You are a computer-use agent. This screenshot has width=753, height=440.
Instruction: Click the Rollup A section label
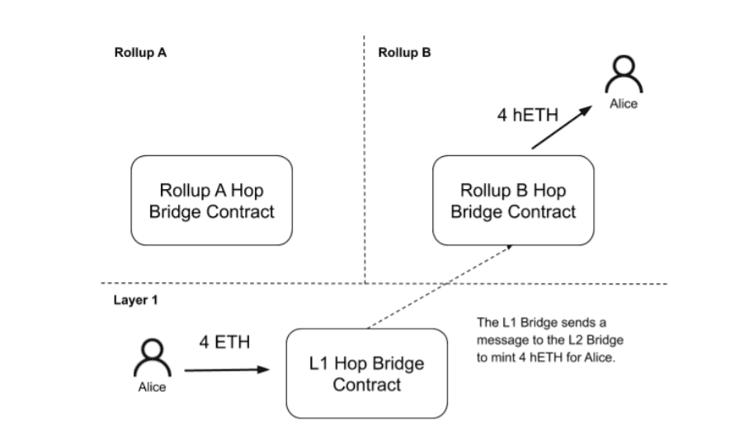(x=140, y=53)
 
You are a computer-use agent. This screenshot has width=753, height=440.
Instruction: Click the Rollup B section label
(x=404, y=53)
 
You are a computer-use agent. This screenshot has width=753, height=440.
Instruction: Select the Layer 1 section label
(x=135, y=300)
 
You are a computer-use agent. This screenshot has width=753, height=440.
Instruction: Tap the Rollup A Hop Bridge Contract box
(x=211, y=201)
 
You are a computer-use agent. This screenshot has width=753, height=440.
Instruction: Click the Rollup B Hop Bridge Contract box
(x=513, y=201)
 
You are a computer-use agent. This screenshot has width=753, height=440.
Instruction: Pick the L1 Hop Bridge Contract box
(x=366, y=373)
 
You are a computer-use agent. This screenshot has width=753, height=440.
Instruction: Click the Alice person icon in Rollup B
(x=624, y=76)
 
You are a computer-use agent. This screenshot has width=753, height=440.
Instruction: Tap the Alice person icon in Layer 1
(x=152, y=358)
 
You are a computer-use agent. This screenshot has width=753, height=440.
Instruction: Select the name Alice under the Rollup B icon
(x=624, y=104)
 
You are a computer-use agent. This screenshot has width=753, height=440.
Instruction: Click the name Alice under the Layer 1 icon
(x=152, y=388)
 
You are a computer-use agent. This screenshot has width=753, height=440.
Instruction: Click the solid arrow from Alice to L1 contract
(x=226, y=370)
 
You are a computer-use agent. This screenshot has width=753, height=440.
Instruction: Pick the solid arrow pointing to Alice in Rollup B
(x=562, y=127)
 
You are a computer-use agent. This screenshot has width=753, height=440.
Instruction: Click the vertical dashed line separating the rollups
(x=365, y=165)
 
